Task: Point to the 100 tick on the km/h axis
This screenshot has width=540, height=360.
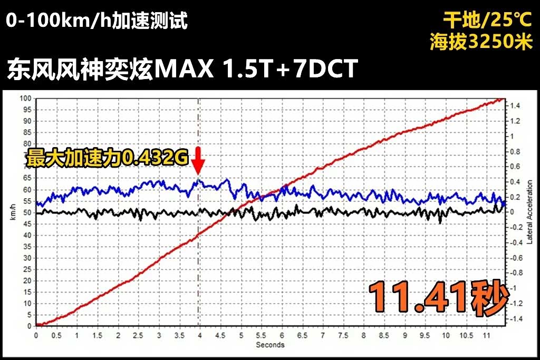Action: [x=25, y=98]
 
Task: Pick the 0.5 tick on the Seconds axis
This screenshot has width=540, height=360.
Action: [x=56, y=335]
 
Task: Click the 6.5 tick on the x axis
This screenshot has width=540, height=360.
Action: [x=303, y=335]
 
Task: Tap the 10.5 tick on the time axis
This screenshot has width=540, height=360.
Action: [x=467, y=335]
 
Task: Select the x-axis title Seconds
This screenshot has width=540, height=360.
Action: [x=270, y=345]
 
